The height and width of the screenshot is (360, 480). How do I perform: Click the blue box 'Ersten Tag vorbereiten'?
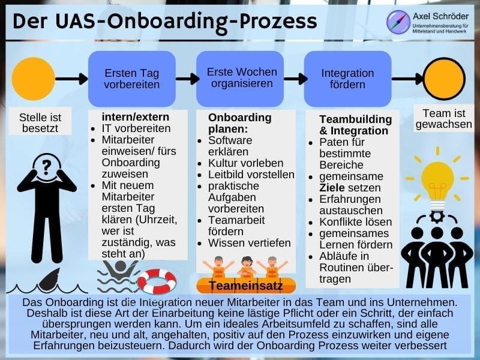click(132, 79)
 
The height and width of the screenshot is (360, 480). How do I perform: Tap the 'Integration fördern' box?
click(347, 79)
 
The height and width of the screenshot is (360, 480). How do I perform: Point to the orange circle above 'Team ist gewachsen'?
click(445, 78)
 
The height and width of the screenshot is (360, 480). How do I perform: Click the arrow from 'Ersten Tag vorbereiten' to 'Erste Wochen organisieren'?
click(187, 79)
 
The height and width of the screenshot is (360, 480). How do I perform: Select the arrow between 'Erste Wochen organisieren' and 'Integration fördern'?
click(295, 79)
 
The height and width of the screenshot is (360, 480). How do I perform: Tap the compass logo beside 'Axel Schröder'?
click(398, 22)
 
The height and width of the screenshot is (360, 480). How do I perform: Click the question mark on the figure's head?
click(46, 164)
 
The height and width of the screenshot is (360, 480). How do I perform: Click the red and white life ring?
click(157, 281)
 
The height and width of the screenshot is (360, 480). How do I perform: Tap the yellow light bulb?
click(437, 178)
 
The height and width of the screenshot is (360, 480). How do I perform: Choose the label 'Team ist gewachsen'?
click(443, 119)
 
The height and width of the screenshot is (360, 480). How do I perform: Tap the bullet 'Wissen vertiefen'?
click(250, 244)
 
